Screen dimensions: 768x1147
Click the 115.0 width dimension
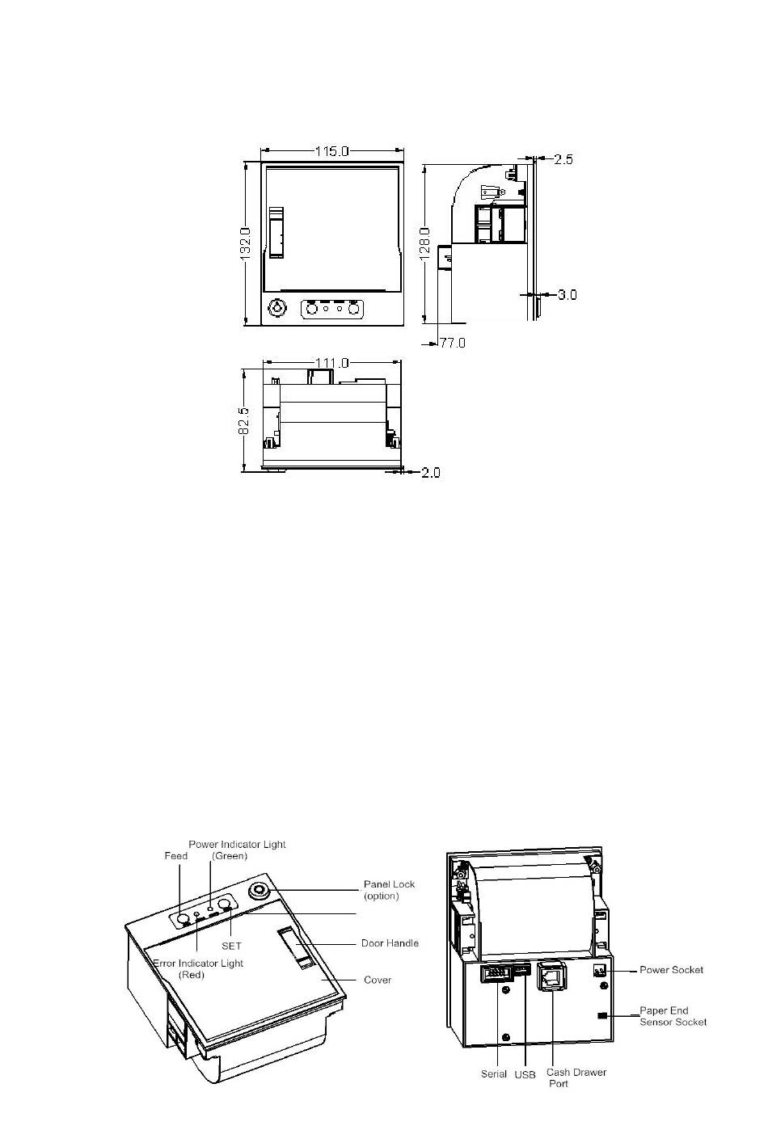point(331,152)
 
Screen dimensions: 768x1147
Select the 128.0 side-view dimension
point(425,244)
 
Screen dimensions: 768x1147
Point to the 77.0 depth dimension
point(453,343)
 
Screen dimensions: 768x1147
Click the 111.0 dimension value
point(331,363)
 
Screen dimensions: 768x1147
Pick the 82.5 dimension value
point(244,421)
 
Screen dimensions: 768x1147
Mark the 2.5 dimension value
point(563,160)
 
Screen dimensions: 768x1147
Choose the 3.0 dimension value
point(567,295)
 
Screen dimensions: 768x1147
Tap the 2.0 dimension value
point(431,473)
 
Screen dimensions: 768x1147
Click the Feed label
point(175,856)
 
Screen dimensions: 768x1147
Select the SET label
point(231,946)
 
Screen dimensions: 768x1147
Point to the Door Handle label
point(390,943)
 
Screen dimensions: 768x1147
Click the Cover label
point(378,980)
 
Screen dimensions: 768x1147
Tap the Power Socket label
point(671,970)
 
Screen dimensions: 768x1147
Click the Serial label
point(494,1074)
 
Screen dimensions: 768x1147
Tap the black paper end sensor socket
point(602,1015)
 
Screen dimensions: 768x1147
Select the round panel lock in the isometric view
point(260,892)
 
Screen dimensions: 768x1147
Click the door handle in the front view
point(276,233)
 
